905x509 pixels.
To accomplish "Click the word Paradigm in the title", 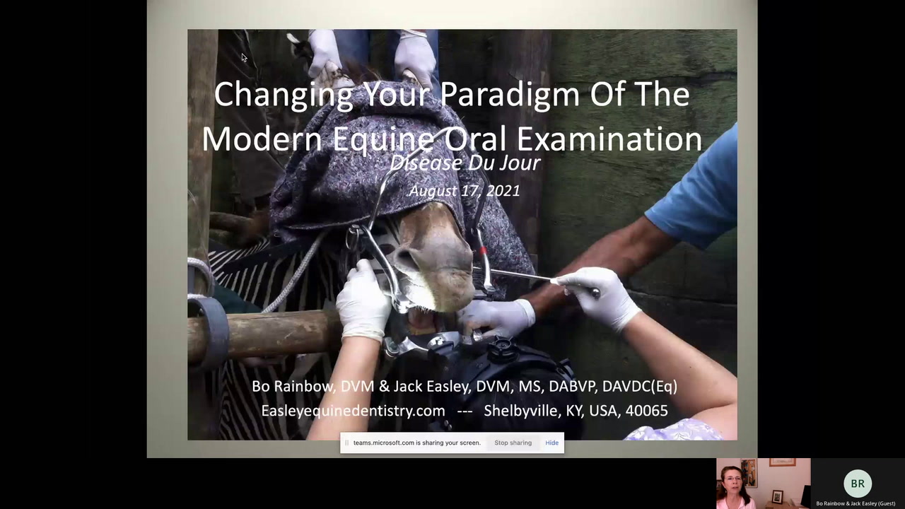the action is [x=510, y=95].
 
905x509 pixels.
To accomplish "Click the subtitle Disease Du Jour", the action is [x=465, y=163].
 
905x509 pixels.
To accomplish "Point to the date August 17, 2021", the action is [x=465, y=191].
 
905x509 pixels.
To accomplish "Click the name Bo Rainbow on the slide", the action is [x=293, y=386].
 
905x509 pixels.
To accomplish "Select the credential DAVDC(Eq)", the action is [x=640, y=387].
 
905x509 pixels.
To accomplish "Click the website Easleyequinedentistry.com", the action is [x=353, y=411].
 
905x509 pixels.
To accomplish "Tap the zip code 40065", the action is [x=646, y=411].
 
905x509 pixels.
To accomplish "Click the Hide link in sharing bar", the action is [x=552, y=443].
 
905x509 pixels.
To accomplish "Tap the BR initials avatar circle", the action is [x=858, y=483].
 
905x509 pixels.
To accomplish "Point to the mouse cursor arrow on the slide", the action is [x=244, y=58].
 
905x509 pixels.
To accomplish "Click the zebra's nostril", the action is [x=405, y=256].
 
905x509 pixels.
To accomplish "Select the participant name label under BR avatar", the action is [x=856, y=503].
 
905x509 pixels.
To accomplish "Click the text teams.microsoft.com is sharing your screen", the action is [x=417, y=443].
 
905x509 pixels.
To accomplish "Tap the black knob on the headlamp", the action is [x=502, y=349].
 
